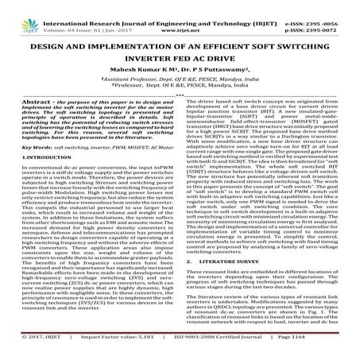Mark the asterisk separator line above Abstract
pos(180,98)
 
